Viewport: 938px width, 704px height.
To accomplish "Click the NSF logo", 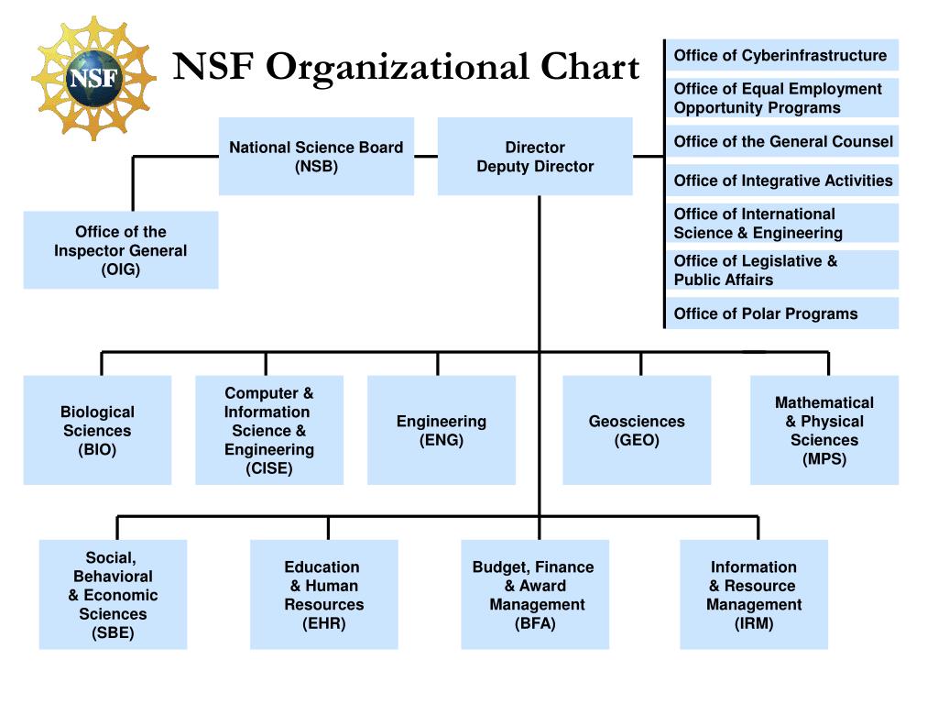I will (93, 77).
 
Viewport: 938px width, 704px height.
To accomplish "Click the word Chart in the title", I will (588, 67).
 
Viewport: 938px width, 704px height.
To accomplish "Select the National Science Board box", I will (316, 157).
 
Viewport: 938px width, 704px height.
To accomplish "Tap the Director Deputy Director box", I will (535, 157).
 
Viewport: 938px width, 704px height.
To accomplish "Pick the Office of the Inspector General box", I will (121, 250).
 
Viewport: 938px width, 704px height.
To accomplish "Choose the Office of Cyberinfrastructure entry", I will (780, 56).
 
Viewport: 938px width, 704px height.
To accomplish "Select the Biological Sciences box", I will (97, 431).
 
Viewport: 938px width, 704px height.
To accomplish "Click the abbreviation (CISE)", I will (269, 469).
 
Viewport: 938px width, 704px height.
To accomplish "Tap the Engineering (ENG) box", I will (442, 431).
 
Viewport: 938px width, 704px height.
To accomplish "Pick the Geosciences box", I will (637, 431).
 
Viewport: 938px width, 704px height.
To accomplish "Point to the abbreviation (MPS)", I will (824, 459).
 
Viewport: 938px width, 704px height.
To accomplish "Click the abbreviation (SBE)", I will (113, 633).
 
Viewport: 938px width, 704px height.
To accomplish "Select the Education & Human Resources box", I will (323, 595).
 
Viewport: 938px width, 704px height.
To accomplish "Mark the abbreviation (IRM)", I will (753, 624).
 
